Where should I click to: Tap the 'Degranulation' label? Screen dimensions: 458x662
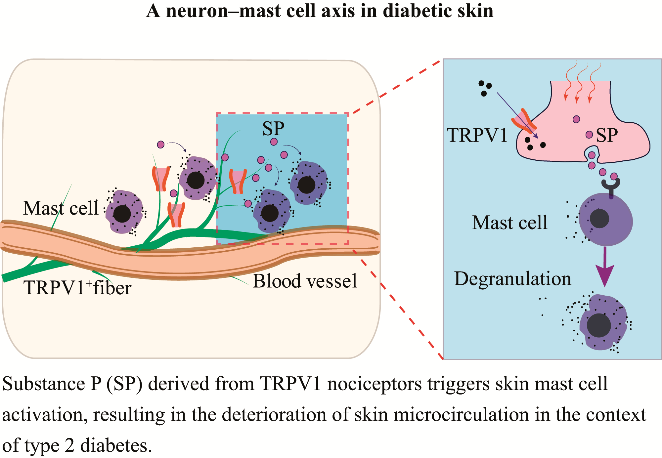[x=512, y=278]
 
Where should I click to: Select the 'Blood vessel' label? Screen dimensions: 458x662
[x=305, y=281]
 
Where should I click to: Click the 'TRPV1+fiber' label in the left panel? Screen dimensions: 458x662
[x=77, y=287]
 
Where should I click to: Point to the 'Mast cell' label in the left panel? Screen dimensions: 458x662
[x=61, y=208]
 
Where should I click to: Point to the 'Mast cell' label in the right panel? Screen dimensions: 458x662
[x=509, y=222]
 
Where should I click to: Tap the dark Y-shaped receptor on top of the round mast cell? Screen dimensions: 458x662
[x=611, y=187]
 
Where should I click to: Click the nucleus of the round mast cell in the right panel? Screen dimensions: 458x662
[x=599, y=219]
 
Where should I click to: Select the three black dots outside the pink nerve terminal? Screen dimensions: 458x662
[x=485, y=88]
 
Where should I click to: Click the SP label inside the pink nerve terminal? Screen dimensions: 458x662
[x=607, y=135]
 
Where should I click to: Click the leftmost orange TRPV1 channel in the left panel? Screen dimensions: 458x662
[x=161, y=179]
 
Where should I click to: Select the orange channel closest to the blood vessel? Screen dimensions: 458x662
[x=176, y=215]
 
